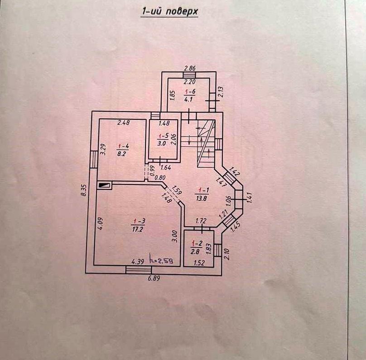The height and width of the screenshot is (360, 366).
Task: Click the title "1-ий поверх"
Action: pos(170,12)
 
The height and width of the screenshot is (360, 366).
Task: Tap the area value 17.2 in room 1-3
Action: pos(137,229)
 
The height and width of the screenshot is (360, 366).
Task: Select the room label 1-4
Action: pos(123,146)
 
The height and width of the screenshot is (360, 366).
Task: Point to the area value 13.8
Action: pos(202,199)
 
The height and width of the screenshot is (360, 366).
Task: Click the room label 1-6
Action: pos(190,92)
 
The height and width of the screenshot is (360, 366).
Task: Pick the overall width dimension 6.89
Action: pos(154,278)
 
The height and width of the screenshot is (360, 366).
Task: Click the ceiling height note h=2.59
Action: pos(162,261)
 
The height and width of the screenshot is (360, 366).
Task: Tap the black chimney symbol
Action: pos(104,185)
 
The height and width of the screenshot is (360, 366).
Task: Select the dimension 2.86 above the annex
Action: pos(190,68)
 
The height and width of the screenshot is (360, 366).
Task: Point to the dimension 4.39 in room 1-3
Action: pos(138,262)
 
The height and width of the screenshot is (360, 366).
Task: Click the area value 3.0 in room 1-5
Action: pos(161,143)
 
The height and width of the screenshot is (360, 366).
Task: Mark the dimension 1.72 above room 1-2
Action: pos(201,220)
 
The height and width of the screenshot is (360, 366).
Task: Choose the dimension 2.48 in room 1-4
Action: pos(124,122)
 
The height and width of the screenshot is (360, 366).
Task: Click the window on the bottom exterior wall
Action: pos(139,270)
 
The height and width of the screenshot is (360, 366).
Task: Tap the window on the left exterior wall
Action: pos(93,159)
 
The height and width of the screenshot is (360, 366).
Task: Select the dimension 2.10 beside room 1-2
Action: pos(227,254)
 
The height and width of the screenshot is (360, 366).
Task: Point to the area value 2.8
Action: pos(195,252)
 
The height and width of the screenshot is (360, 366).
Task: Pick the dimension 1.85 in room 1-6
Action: pos(173,96)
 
